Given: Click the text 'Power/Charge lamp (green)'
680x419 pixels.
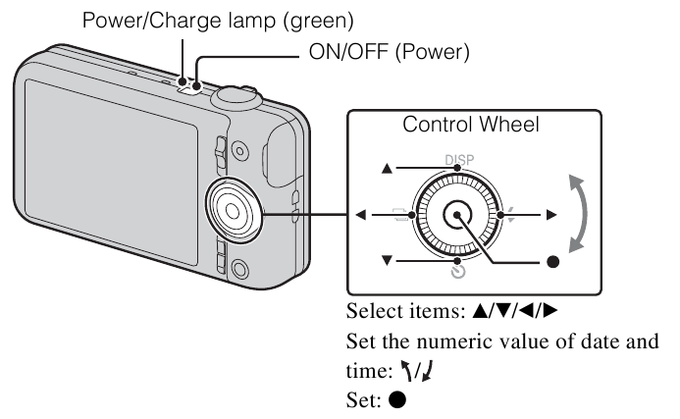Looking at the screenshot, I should [x=218, y=19].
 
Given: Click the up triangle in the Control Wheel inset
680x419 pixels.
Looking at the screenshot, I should [x=387, y=169].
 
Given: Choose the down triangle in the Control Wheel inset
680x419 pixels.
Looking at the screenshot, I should [x=387, y=260].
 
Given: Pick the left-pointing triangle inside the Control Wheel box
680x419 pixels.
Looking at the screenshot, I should [x=362, y=215].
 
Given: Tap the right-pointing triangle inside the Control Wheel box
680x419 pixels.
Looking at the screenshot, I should [x=551, y=214].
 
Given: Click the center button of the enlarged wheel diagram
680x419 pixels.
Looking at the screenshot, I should [x=455, y=215].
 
